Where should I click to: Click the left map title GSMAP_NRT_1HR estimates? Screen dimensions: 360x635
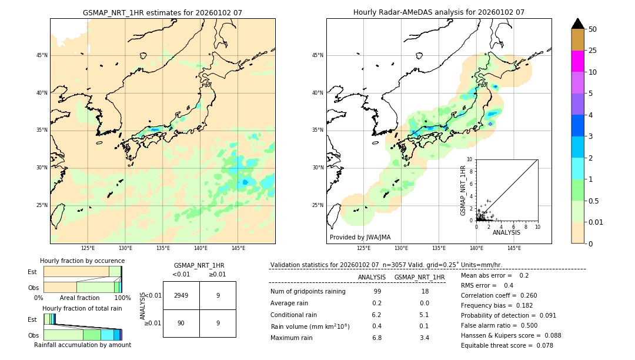point(162,12)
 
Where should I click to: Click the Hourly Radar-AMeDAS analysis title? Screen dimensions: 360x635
point(439,12)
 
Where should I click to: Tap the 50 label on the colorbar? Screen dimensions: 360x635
point(593,29)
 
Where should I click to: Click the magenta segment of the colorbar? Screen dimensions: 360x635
point(577,61)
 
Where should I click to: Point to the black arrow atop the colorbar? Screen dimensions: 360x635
point(577,24)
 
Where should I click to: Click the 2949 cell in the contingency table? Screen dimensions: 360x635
point(181,295)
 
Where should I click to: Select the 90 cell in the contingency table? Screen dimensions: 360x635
point(181,323)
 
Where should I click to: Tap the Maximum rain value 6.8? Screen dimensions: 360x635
point(377,338)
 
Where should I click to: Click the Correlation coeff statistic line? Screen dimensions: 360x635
point(499,295)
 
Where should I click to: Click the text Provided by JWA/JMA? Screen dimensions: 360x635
point(360,237)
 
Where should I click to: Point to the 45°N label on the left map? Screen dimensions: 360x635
point(42,55)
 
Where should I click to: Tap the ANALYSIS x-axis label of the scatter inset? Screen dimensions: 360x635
point(506,232)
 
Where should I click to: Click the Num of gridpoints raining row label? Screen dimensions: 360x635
point(308,292)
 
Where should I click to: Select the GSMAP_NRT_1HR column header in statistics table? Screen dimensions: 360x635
point(419,277)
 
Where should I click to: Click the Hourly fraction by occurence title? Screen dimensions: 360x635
point(82,261)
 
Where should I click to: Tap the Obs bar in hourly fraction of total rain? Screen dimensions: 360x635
point(82,335)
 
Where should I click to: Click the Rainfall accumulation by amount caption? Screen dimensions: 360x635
point(82,345)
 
